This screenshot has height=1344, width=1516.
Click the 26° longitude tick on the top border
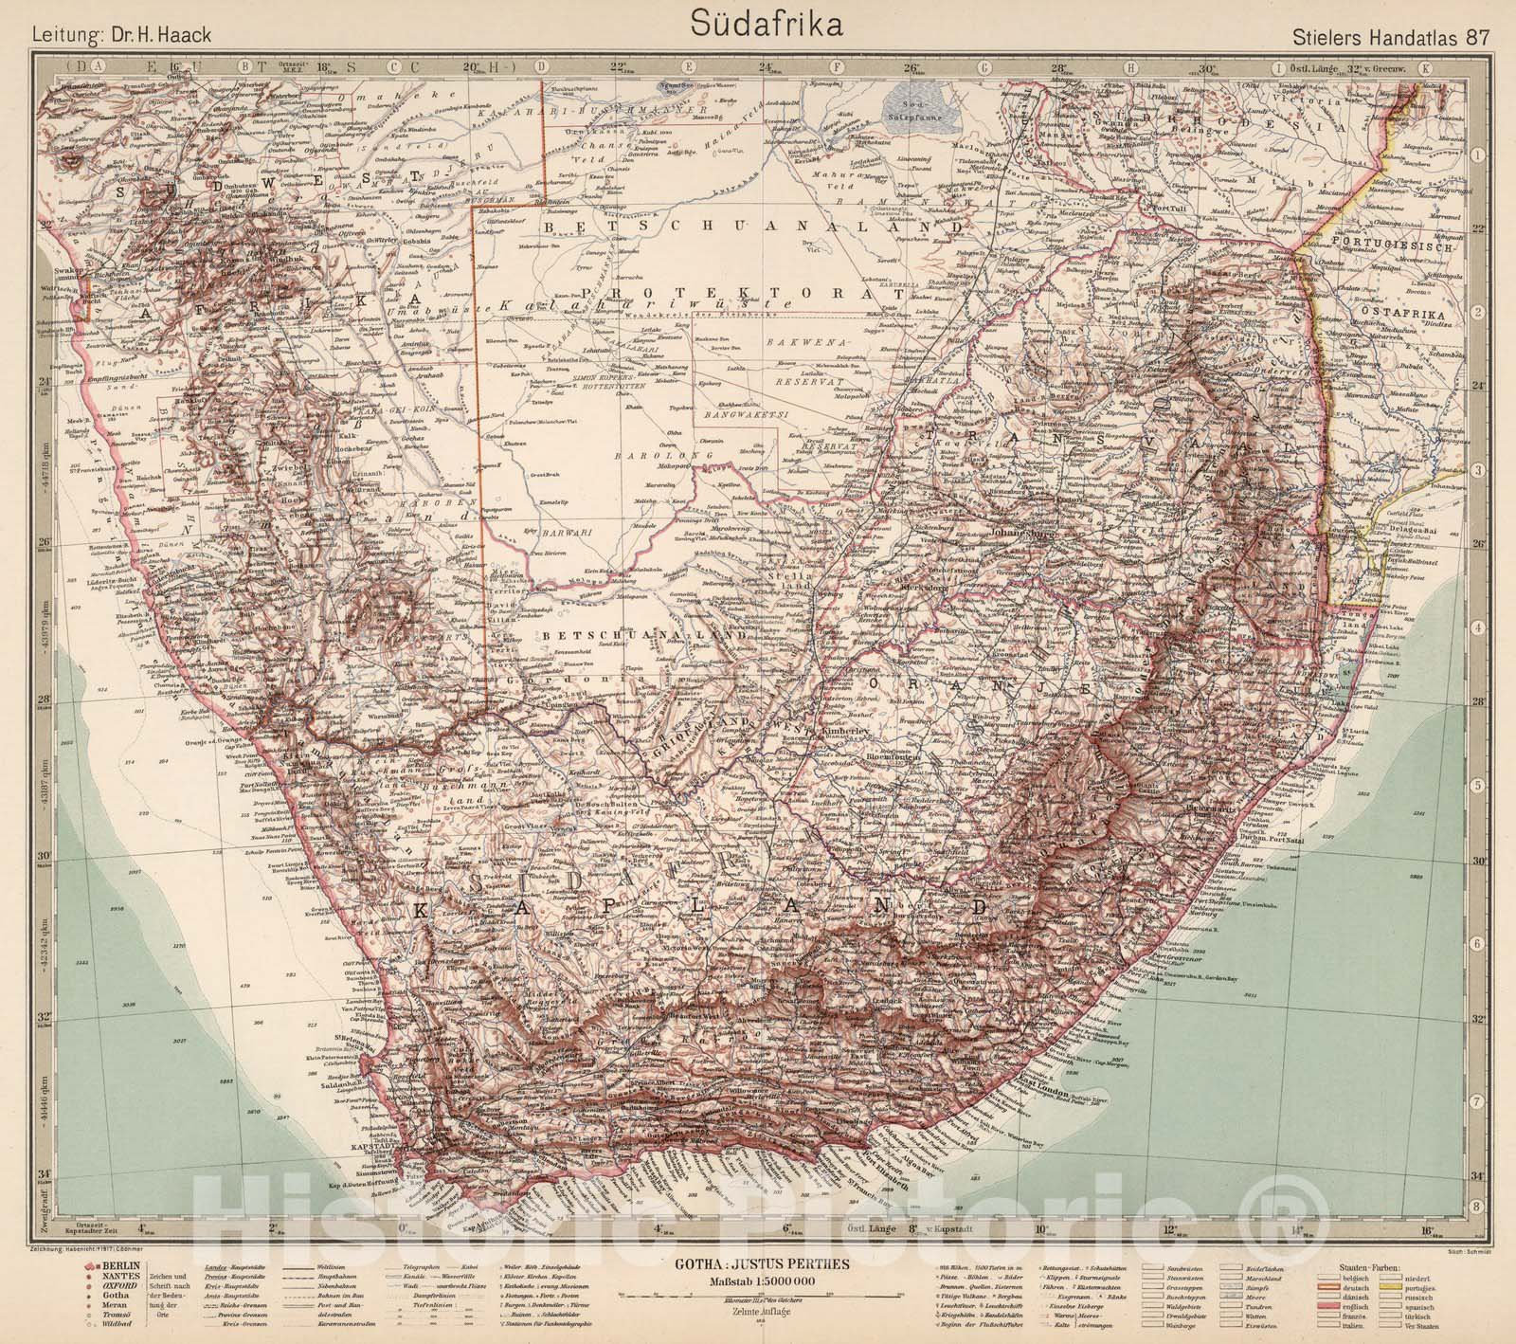click(911, 67)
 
